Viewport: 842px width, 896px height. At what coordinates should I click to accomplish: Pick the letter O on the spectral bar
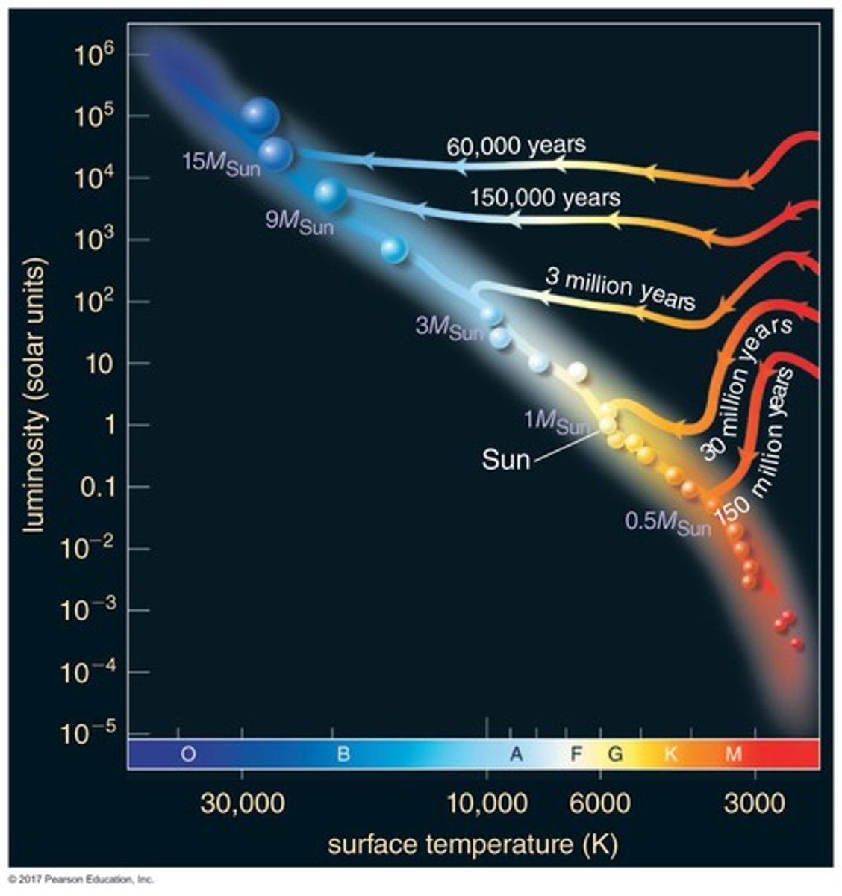(188, 754)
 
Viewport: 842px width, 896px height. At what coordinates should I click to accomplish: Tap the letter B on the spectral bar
(343, 754)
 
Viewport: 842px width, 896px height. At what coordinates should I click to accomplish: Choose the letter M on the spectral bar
(733, 754)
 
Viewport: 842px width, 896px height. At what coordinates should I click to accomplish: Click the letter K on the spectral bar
(670, 754)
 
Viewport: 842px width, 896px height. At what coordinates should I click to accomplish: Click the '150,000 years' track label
(545, 198)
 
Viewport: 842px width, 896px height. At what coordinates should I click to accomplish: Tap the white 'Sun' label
(505, 458)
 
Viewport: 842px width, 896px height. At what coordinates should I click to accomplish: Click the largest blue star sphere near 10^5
(259, 114)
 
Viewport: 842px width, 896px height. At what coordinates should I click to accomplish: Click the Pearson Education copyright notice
(81, 879)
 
